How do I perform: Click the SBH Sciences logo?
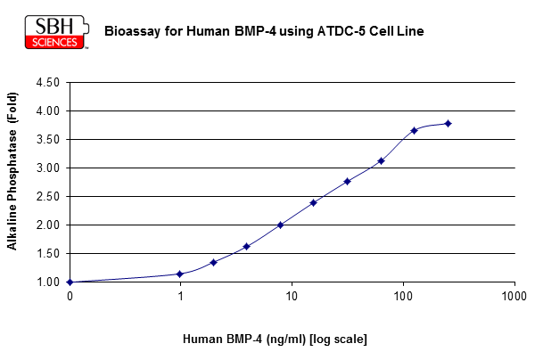tap(57, 32)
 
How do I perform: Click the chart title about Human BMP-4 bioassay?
tap(264, 31)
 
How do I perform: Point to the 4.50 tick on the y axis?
tap(48, 82)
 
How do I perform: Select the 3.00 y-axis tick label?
tap(48, 168)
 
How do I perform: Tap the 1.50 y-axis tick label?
tap(48, 254)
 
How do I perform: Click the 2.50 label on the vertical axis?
tap(48, 197)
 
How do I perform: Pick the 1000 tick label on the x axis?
tap(514, 296)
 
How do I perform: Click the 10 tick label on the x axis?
tap(292, 296)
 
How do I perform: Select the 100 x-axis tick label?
tap(403, 296)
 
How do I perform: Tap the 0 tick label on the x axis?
tap(70, 296)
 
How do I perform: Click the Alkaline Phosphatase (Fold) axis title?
tap(12, 171)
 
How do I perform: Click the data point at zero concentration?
tap(70, 282)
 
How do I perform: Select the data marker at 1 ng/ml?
tap(180, 274)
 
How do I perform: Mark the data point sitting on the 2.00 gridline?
tap(281, 225)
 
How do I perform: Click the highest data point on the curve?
tap(449, 123)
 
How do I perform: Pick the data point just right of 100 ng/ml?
tap(415, 131)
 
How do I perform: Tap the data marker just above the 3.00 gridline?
tap(382, 161)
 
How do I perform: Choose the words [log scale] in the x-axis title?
tap(338, 340)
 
